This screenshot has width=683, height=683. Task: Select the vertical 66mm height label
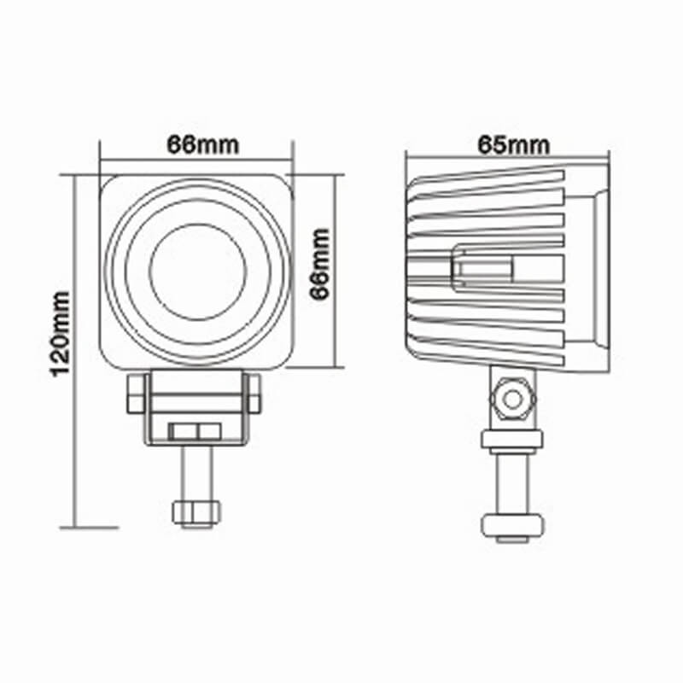coord(318,264)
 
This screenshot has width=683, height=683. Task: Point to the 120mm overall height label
coord(60,334)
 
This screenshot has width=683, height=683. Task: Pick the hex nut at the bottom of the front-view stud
coord(197,512)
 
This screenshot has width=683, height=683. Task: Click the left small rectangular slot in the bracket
coord(184,432)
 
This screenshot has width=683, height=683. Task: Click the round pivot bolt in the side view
coord(511,399)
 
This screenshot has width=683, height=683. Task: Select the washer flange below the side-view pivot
coord(511,441)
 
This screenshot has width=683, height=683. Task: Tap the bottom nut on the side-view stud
coord(511,524)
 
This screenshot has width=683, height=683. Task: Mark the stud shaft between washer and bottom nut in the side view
coord(511,482)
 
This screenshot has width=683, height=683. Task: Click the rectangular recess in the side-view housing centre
coord(482,270)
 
